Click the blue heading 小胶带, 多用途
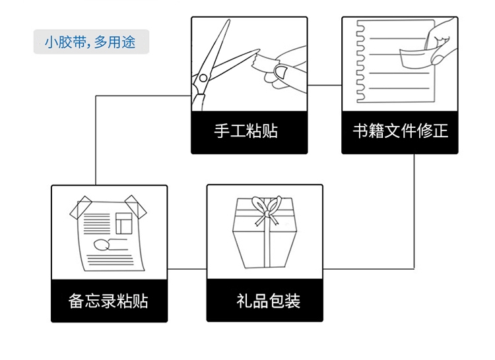pyautogui.click(x=90, y=42)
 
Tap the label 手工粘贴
pyautogui.click(x=246, y=131)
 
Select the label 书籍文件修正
pyautogui.click(x=401, y=131)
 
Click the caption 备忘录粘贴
pyautogui.click(x=108, y=301)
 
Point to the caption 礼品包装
pyautogui.click(x=268, y=301)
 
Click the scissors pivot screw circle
pyautogui.click(x=203, y=78)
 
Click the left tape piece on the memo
pyautogui.click(x=81, y=208)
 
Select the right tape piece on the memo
pyautogui.click(x=136, y=206)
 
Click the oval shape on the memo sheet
pyautogui.click(x=101, y=245)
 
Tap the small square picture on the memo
pyautogui.click(x=124, y=224)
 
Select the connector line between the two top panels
pyautogui.click(x=325, y=85)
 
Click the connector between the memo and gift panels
pyautogui.click(x=187, y=269)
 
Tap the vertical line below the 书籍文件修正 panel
pyautogui.click(x=414, y=211)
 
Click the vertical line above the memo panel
pyautogui.click(x=96, y=140)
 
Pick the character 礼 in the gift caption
pyautogui.click(x=244, y=301)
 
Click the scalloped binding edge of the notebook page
pyautogui.click(x=360, y=61)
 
